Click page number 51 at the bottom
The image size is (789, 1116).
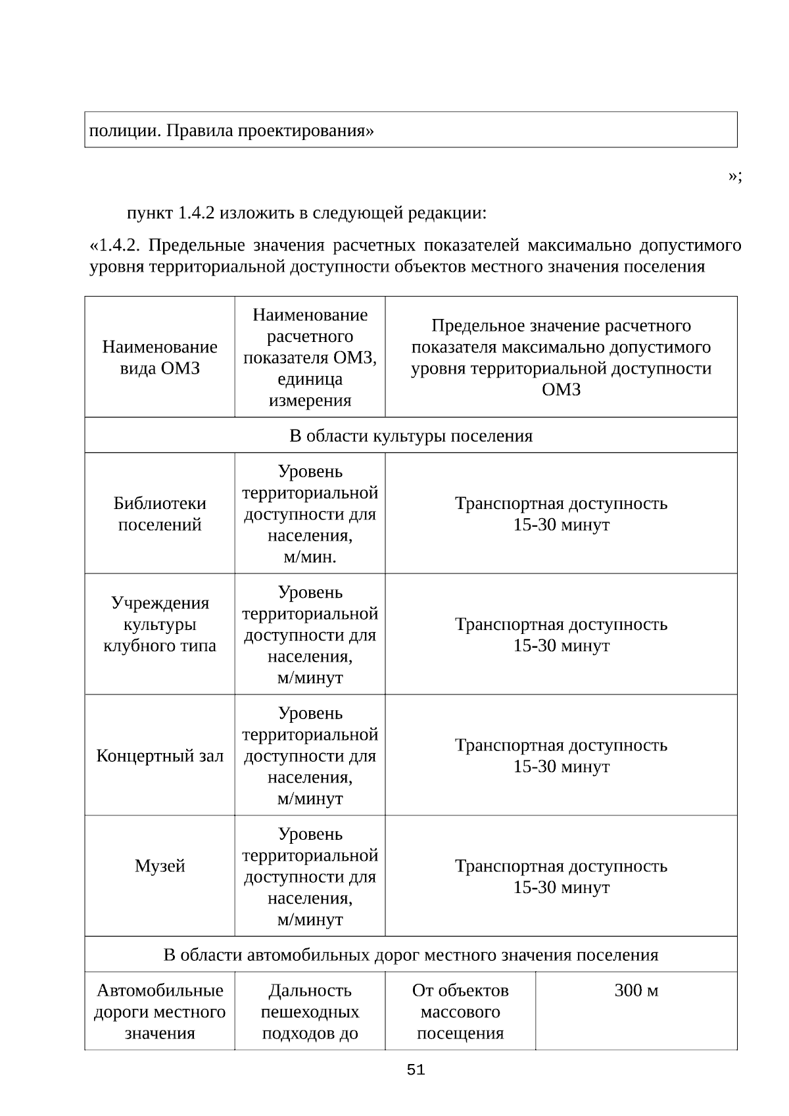pyautogui.click(x=416, y=1070)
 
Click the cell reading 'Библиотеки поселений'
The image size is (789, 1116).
pyautogui.click(x=160, y=514)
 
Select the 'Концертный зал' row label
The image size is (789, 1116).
pyautogui.click(x=160, y=756)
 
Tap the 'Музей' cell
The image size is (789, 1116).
pyautogui.click(x=160, y=866)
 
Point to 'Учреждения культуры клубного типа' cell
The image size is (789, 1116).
pyautogui.click(x=160, y=624)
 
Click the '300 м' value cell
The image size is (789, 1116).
pyautogui.click(x=636, y=990)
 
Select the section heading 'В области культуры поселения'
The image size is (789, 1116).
pyautogui.click(x=411, y=436)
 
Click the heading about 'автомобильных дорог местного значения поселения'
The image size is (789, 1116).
pyautogui.click(x=411, y=955)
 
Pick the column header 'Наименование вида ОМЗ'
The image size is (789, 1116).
pyautogui.click(x=160, y=357)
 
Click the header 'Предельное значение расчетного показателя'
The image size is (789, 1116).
pyautogui.click(x=561, y=357)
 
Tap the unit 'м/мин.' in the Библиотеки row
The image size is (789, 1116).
pyautogui.click(x=310, y=557)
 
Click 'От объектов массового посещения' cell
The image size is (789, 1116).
pyautogui.click(x=460, y=1011)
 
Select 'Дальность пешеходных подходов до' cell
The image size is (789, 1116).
pyautogui.click(x=310, y=1011)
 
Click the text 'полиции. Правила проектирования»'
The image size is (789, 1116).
pyautogui.click(x=231, y=131)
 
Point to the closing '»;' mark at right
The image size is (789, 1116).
pyautogui.click(x=735, y=176)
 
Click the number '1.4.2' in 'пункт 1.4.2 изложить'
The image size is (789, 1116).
pyautogui.click(x=196, y=214)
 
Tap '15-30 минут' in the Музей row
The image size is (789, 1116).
pyautogui.click(x=561, y=888)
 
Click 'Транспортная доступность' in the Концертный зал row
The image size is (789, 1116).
pyautogui.click(x=561, y=745)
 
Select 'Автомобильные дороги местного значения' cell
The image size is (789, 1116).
pyautogui.click(x=160, y=1011)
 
